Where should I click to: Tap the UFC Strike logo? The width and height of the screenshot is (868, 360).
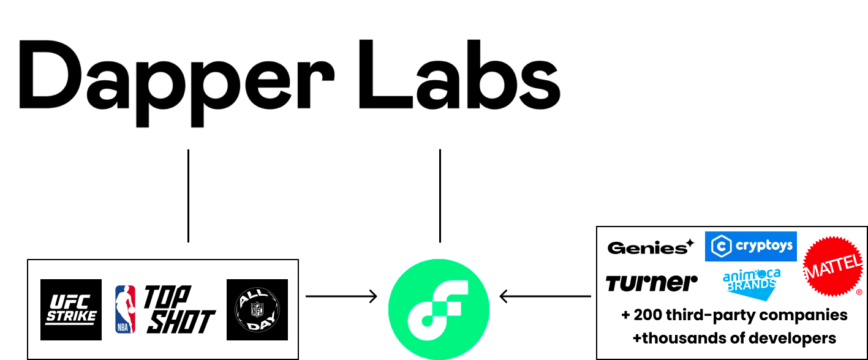pyautogui.click(x=71, y=310)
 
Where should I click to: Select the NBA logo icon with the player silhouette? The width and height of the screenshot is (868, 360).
pyautogui.click(x=126, y=309)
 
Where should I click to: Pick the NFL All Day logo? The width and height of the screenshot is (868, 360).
pyautogui.click(x=257, y=310)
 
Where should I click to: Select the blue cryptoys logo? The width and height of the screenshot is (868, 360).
pyautogui.click(x=750, y=246)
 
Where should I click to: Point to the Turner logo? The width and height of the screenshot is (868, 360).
pyautogui.click(x=651, y=283)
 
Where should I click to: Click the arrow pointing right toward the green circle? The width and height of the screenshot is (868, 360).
pyautogui.click(x=341, y=296)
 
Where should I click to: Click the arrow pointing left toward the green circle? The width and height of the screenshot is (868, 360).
pyautogui.click(x=545, y=296)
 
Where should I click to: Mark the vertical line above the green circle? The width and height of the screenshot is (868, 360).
pyautogui.click(x=440, y=195)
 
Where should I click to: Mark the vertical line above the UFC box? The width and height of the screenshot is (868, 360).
pyautogui.click(x=188, y=195)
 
